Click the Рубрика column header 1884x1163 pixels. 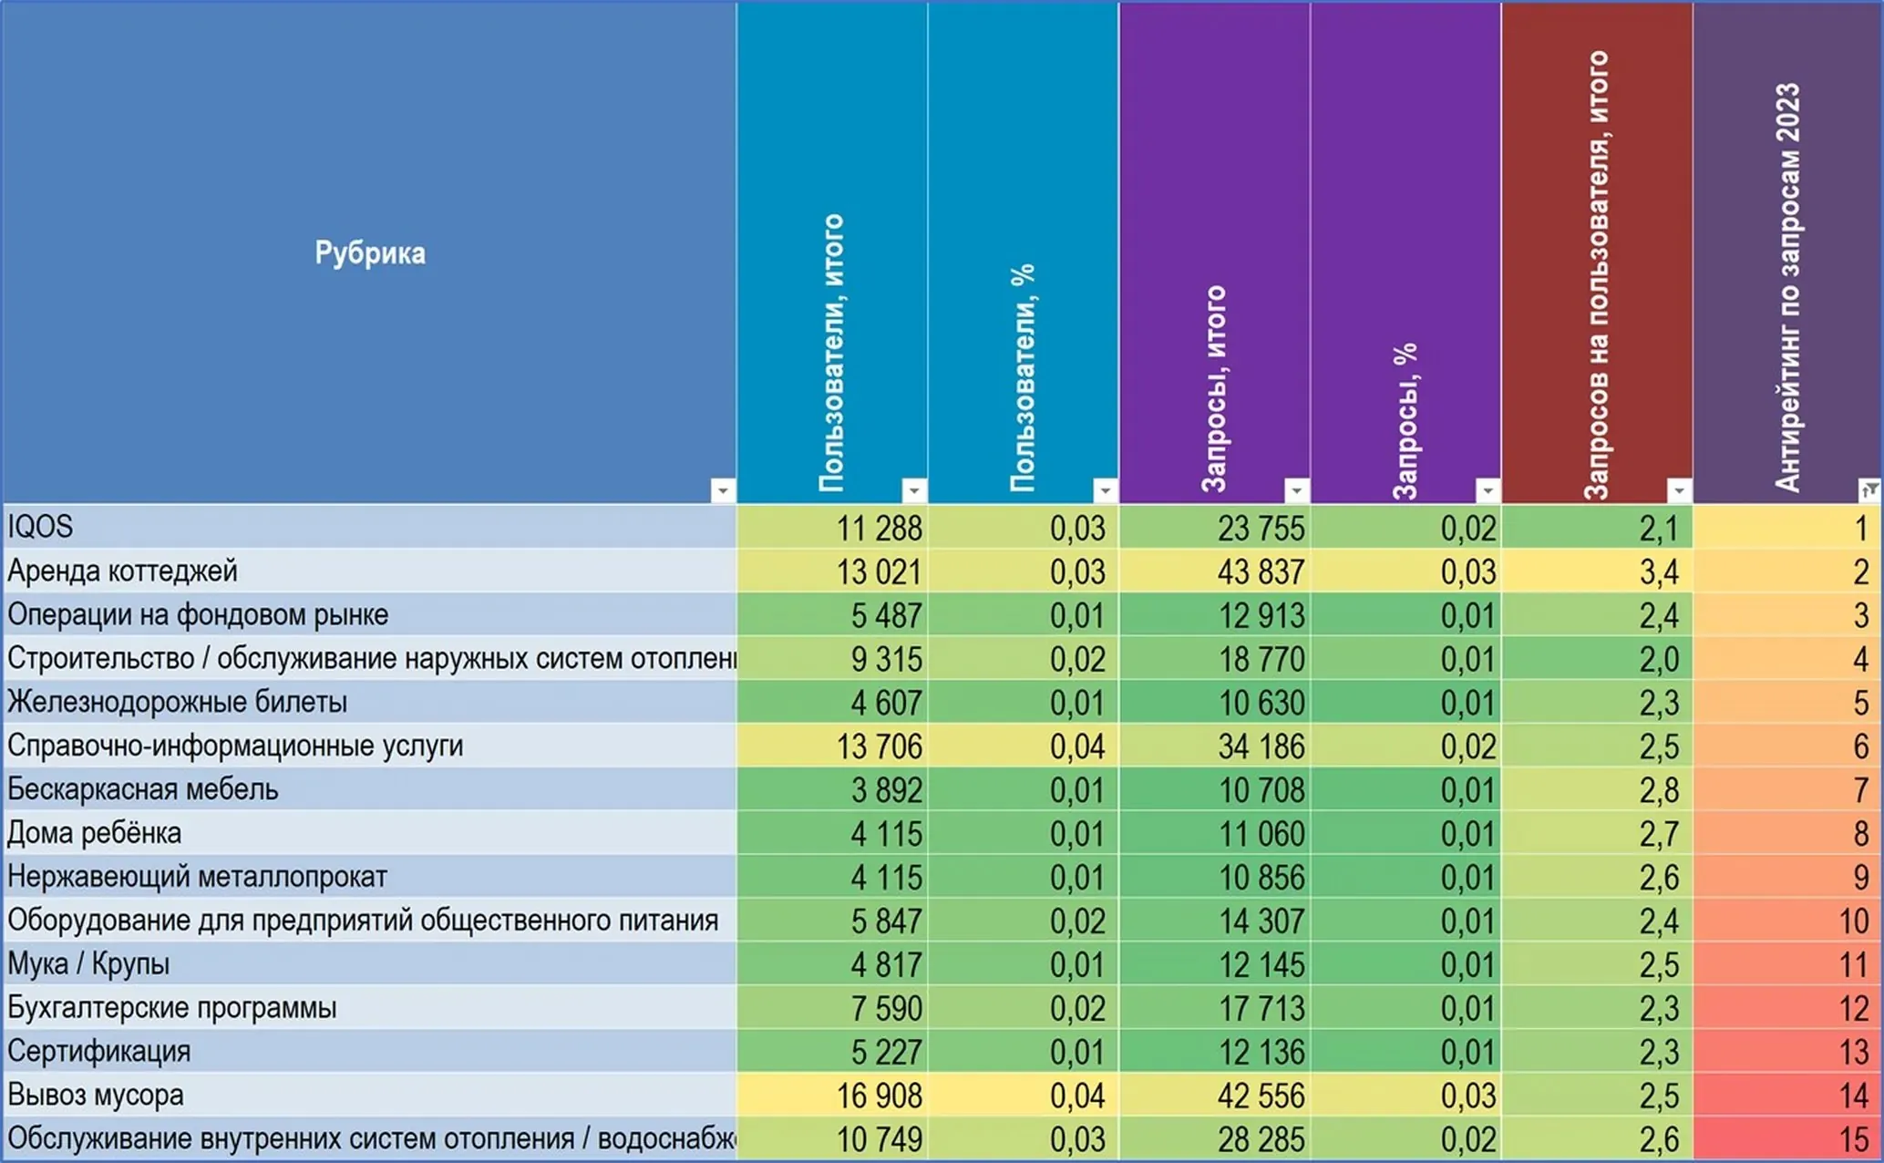point(370,252)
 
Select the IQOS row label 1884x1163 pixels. point(40,527)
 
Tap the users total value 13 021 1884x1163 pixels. point(879,572)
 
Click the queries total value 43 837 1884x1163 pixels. point(1261,572)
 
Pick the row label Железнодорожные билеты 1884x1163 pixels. point(178,702)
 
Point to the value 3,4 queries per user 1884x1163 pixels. point(1659,572)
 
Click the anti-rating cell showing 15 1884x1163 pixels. point(1854,1139)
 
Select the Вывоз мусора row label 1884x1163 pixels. point(96,1095)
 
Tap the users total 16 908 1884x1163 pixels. point(879,1096)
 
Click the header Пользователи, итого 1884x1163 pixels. point(831,354)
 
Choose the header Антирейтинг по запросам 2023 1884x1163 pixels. point(1787,287)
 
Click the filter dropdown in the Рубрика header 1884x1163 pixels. point(723,490)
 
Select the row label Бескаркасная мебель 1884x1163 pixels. point(143,789)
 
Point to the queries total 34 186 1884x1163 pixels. point(1261,747)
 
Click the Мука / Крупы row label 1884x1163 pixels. point(88,964)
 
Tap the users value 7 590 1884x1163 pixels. point(886,1009)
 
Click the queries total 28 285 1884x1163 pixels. point(1261,1139)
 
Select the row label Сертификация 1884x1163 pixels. point(99,1052)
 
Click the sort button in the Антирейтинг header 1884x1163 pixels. point(1869,490)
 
